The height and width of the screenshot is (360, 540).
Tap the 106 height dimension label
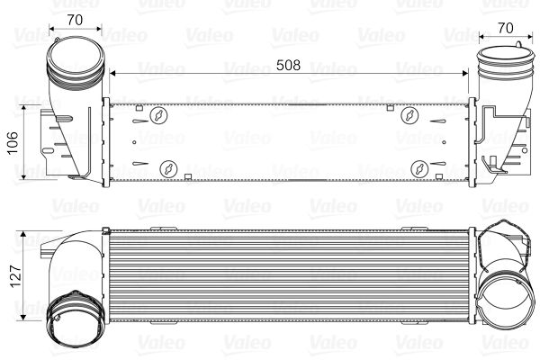(13, 141)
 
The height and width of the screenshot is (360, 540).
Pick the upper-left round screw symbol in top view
(158, 116)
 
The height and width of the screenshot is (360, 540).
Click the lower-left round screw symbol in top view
(167, 167)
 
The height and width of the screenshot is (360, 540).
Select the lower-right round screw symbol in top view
(420, 167)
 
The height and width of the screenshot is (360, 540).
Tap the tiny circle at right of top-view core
(442, 139)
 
